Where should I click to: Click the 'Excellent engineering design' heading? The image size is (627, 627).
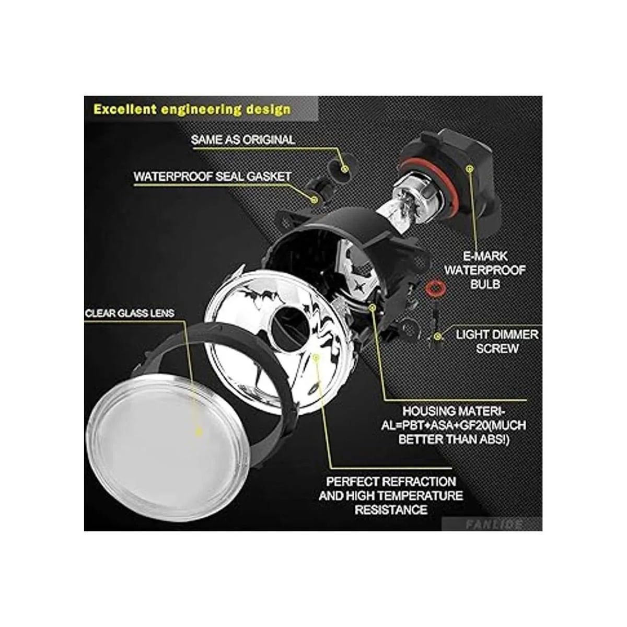[192, 109]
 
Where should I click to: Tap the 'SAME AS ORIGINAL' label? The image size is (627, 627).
[243, 140]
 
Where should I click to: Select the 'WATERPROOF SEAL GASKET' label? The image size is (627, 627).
[212, 177]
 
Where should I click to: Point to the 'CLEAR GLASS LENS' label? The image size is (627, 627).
[130, 313]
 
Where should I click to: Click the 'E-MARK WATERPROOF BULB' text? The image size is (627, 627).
[485, 270]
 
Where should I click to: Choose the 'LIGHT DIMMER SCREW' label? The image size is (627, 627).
[497, 341]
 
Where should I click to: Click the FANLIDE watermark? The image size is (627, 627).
[494, 524]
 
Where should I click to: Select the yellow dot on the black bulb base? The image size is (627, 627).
[469, 169]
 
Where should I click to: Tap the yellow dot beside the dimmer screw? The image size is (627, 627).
[438, 335]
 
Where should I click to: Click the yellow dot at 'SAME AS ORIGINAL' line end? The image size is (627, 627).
[345, 169]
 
